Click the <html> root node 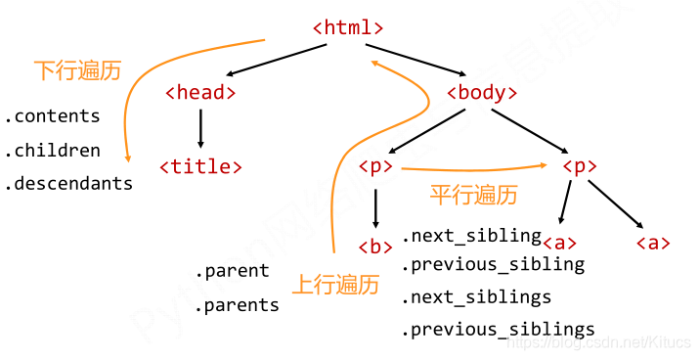tap(348, 28)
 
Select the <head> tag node tap(200, 94)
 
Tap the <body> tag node tap(481, 94)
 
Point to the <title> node tap(200, 166)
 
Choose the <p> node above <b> tap(375, 166)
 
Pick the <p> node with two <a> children tap(579, 166)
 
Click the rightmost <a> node tap(653, 244)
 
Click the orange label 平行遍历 tap(473, 195)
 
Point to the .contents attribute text tap(53, 116)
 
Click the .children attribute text tap(53, 151)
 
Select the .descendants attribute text tap(68, 184)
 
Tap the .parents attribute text tap(237, 305)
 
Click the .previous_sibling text tap(493, 264)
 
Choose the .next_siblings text tap(476, 296)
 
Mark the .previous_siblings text tap(498, 330)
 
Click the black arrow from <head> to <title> tap(200, 129)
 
